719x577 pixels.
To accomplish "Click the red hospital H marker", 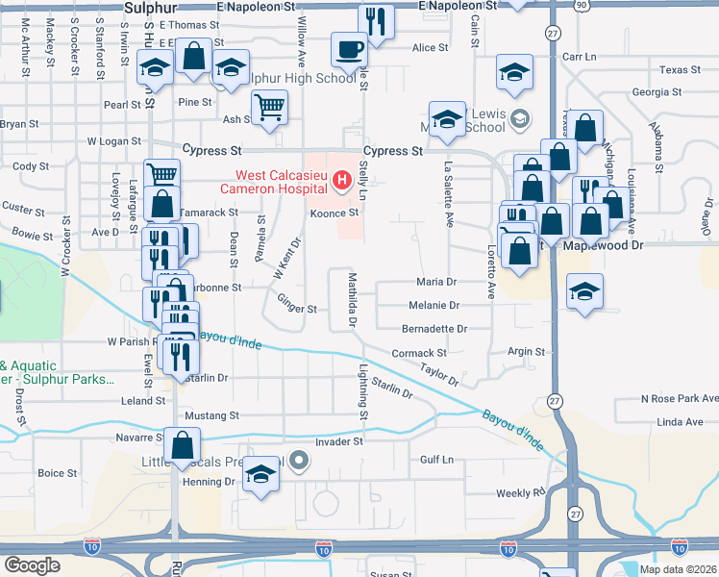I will tap(339, 180).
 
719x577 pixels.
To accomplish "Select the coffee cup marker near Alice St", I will tap(348, 48).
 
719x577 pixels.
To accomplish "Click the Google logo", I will tap(32, 564).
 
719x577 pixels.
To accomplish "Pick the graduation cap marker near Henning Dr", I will tap(260, 475).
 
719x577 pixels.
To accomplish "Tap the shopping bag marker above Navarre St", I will tap(182, 446).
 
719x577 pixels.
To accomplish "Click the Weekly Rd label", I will tap(520, 492).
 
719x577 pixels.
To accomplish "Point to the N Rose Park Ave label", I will tap(680, 398).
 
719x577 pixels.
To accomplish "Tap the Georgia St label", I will tap(657, 92).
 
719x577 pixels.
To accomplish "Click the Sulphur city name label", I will tap(147, 8).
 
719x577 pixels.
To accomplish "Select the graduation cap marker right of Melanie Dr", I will tap(584, 293).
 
